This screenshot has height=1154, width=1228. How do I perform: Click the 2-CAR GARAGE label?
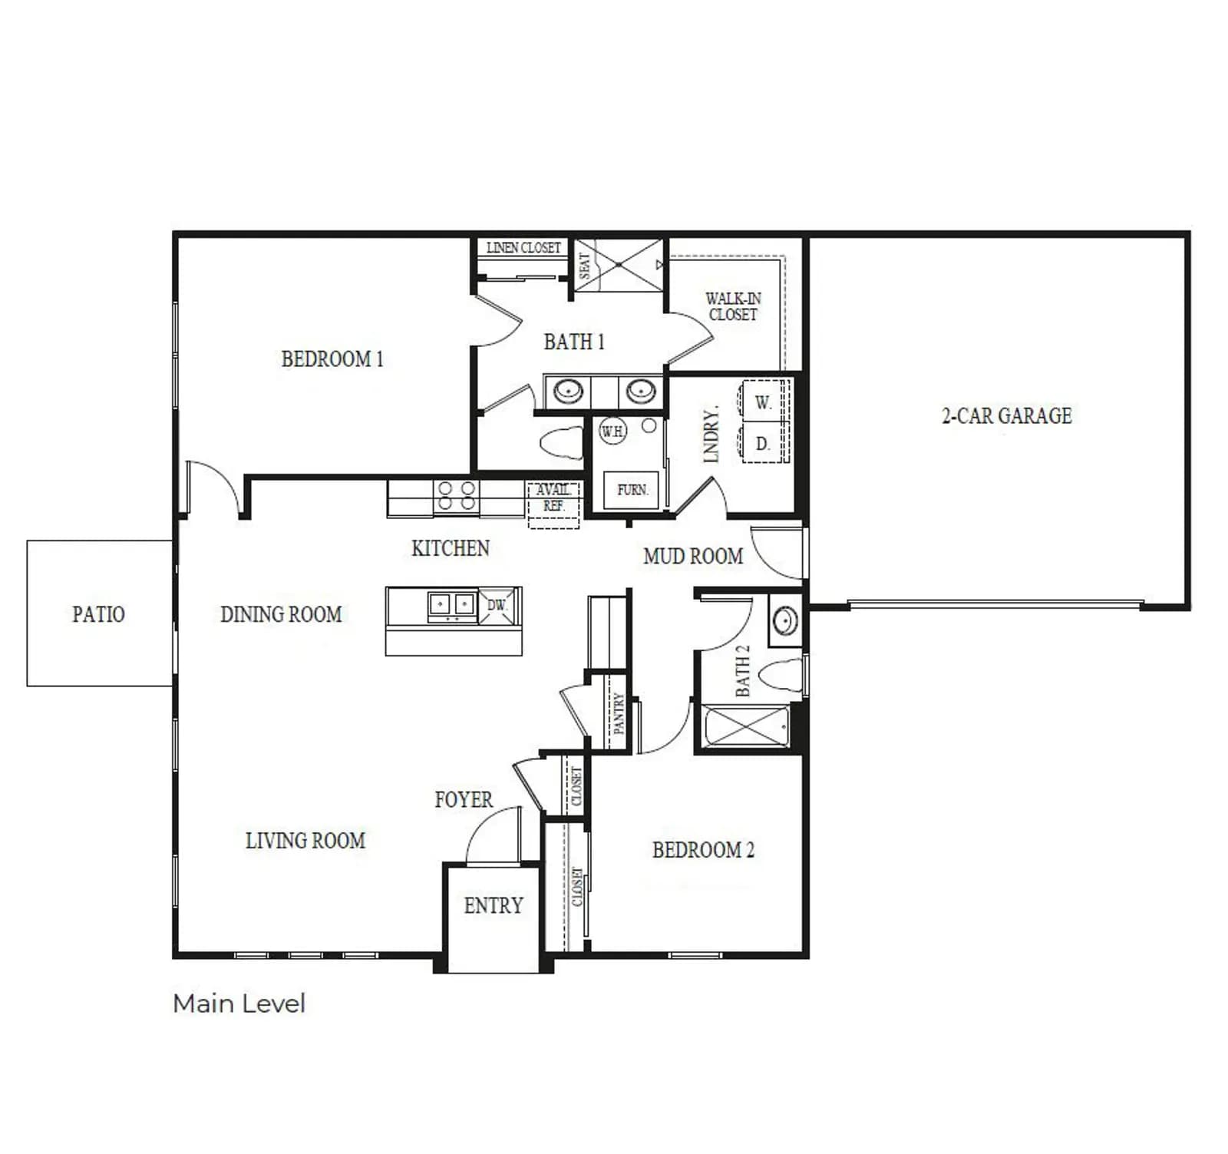pyautogui.click(x=1006, y=415)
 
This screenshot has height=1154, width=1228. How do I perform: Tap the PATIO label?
pyautogui.click(x=98, y=614)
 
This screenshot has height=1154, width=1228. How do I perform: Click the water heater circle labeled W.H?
pyautogui.click(x=612, y=432)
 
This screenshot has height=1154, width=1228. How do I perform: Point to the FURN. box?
pyautogui.click(x=632, y=489)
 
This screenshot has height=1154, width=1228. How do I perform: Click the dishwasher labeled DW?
pyautogui.click(x=498, y=605)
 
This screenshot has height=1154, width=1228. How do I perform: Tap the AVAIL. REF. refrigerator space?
pyautogui.click(x=553, y=504)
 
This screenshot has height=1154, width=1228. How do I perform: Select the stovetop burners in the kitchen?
pyautogui.click(x=456, y=496)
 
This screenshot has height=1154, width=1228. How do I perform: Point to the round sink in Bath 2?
pyautogui.click(x=785, y=620)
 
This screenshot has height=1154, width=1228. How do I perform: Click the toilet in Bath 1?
pyautogui.click(x=562, y=442)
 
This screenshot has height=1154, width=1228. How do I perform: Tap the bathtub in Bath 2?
pyautogui.click(x=747, y=726)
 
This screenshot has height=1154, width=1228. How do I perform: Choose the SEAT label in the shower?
pyautogui.click(x=585, y=265)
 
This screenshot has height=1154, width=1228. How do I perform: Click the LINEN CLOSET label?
pyautogui.click(x=523, y=248)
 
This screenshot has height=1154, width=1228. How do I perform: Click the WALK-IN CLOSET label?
pyautogui.click(x=733, y=306)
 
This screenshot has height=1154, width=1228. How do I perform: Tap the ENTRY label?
pyautogui.click(x=494, y=905)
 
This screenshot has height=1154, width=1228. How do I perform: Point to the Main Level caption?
pyautogui.click(x=239, y=1004)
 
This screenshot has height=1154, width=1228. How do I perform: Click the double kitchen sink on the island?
pyautogui.click(x=452, y=605)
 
